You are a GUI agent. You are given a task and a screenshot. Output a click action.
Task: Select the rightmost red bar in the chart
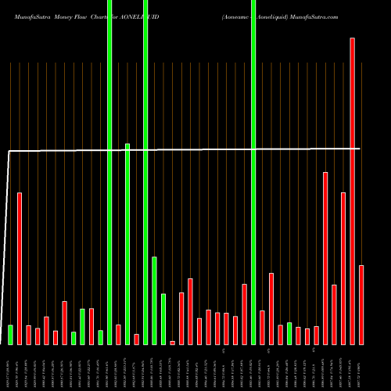click(361, 305)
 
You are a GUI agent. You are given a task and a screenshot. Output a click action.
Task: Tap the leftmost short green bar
click(11, 335)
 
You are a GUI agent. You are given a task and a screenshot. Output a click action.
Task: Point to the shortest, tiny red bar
click(172, 343)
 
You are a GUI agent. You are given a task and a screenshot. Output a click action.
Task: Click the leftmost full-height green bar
click(109, 172)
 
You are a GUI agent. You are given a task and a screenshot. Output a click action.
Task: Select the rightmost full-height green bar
click(253, 172)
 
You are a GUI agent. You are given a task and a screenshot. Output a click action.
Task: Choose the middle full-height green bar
click(145, 172)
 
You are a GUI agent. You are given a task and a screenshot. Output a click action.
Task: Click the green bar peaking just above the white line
click(127, 244)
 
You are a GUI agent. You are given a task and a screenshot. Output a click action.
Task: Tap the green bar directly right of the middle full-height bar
click(154, 300)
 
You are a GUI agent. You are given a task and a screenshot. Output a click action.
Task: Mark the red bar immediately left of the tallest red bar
click(343, 268)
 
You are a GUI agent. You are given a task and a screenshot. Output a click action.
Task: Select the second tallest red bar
click(325, 258)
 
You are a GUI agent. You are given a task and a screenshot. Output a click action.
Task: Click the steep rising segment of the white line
click(7, 235)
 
